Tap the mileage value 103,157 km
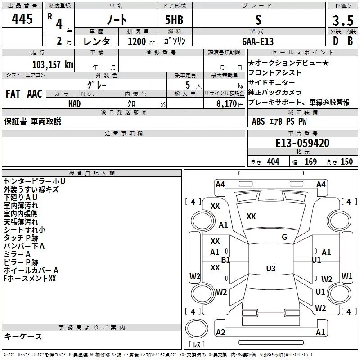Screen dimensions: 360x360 pyautogui.click(x=53, y=64)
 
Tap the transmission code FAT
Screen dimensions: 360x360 pyautogui.click(x=13, y=94)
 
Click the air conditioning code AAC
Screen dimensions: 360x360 pyautogui.click(x=34, y=94)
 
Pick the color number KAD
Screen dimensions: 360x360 pyautogui.click(x=75, y=103)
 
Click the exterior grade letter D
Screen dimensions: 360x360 pyautogui.click(x=335, y=41)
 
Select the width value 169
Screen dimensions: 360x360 pyautogui.click(x=310, y=162)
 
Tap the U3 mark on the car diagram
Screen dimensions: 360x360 pyautogui.click(x=270, y=268)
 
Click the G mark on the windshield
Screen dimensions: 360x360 pyautogui.click(x=284, y=237)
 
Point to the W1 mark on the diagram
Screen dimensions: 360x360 pyautogui.click(x=346, y=276)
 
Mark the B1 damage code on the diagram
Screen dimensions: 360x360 pyautogui.click(x=225, y=260)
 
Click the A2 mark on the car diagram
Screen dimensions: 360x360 pyautogui.click(x=220, y=332)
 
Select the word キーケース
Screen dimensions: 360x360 pyautogui.click(x=23, y=336)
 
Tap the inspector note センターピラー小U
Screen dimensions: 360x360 pyautogui.click(x=34, y=181)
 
